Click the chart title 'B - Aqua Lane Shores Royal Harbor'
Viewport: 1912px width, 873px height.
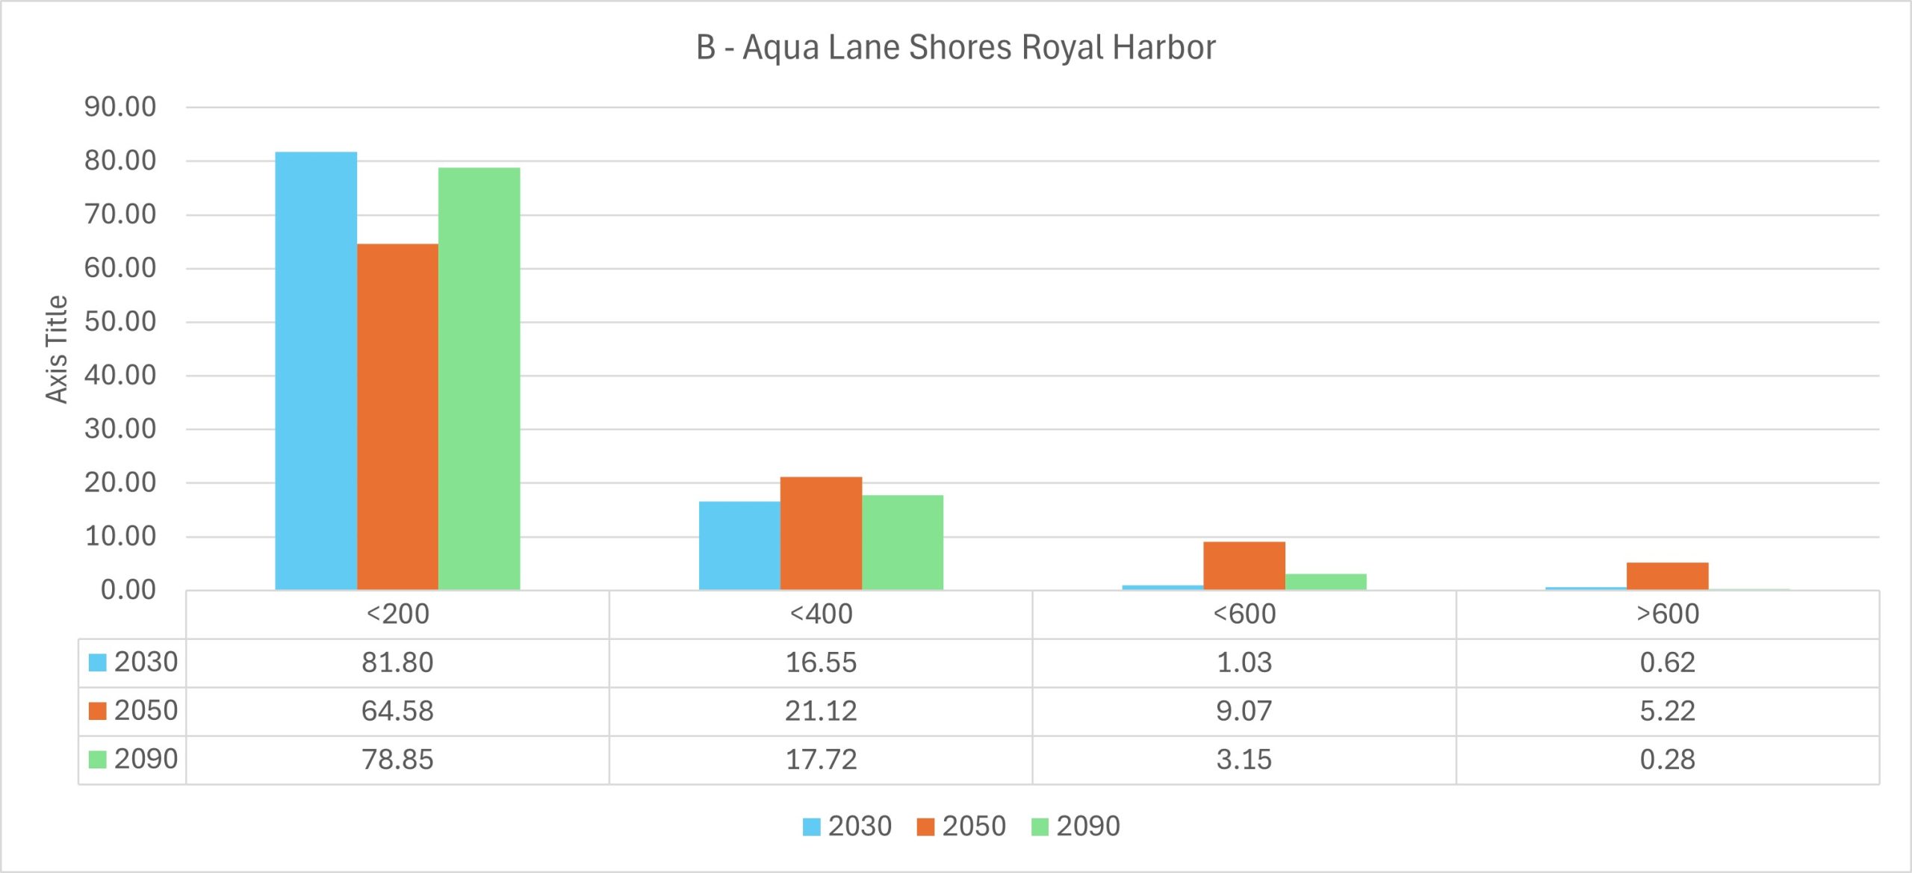point(956,48)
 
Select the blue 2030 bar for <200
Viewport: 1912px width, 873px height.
point(316,371)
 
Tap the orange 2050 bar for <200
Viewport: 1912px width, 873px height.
point(397,417)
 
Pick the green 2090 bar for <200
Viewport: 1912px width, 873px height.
point(479,379)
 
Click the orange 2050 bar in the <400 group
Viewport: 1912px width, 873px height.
point(821,533)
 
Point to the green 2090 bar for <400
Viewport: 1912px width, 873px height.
point(902,542)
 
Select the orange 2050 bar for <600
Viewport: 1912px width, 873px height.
point(1244,565)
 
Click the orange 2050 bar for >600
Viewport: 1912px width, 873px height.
point(1667,576)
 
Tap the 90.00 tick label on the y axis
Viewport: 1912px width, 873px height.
point(120,107)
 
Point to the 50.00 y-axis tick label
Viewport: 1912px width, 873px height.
point(120,322)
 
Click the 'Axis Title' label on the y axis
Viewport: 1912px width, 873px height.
point(57,349)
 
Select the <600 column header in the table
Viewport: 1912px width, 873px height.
point(1244,614)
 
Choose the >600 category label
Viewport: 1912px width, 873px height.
point(1667,614)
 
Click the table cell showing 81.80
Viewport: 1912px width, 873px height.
point(397,662)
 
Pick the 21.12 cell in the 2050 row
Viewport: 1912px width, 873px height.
point(821,711)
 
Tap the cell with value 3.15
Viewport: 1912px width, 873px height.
point(1244,759)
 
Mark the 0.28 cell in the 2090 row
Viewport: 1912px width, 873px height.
point(1667,759)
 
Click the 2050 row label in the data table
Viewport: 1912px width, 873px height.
point(146,710)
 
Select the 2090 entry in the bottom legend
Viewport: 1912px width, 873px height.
point(1087,826)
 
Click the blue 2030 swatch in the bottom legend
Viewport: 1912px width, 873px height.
point(811,827)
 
